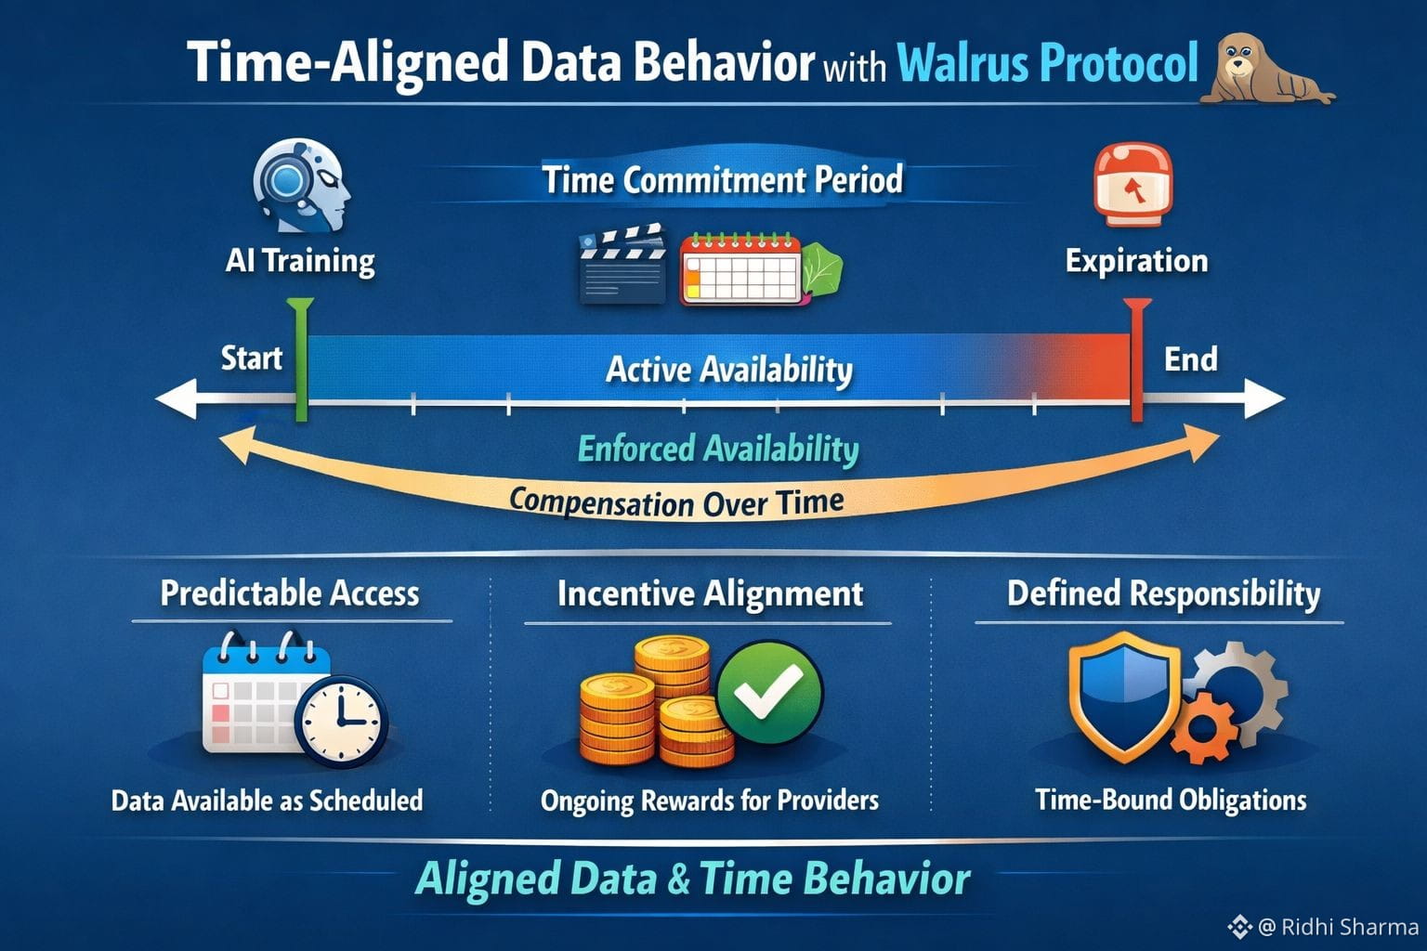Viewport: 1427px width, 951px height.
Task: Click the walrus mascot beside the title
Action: (1264, 69)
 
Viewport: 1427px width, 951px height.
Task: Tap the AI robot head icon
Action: (301, 186)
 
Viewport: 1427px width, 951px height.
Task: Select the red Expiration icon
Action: (1132, 185)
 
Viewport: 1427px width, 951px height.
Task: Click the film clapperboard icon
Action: (622, 264)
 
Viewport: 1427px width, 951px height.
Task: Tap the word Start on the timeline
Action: (251, 358)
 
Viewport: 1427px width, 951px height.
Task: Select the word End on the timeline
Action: (1190, 359)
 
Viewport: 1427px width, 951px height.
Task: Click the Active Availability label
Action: (729, 370)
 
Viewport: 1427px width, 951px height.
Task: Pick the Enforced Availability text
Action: (718, 449)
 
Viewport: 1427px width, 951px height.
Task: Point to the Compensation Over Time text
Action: (676, 502)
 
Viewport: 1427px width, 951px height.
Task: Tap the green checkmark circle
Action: (769, 692)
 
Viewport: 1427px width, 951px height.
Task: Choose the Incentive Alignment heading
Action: (710, 593)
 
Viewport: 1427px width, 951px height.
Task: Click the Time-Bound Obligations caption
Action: (1171, 800)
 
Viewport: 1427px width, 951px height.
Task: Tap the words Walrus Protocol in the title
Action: (1048, 63)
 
